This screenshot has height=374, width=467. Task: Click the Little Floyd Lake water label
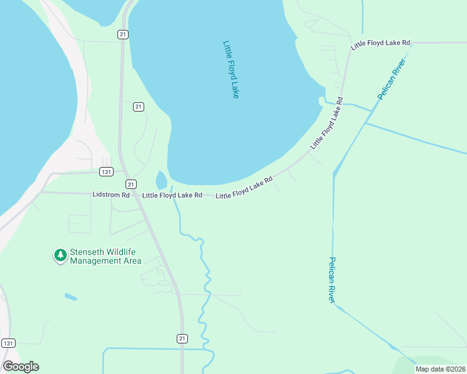coord(231,69)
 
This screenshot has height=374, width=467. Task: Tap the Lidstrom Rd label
coord(111,195)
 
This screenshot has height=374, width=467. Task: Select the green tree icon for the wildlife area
coord(60,255)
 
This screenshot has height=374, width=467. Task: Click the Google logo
coord(21,367)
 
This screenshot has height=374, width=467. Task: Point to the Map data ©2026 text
coord(440,369)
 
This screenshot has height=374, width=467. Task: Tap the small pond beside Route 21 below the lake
coord(161,180)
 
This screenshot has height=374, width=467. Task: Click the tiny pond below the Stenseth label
coord(71,297)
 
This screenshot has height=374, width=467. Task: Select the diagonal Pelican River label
coord(391,79)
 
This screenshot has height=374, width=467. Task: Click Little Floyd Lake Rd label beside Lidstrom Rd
coord(172,195)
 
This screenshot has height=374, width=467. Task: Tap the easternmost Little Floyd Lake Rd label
coord(380,43)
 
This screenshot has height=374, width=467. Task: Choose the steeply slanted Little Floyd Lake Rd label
coord(327,122)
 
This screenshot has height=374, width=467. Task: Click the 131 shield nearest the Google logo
coord(8,343)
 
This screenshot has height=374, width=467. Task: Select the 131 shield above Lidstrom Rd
coord(106,171)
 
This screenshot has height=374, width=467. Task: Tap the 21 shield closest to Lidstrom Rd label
coord(130,184)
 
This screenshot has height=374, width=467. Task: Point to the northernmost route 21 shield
coord(123,35)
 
